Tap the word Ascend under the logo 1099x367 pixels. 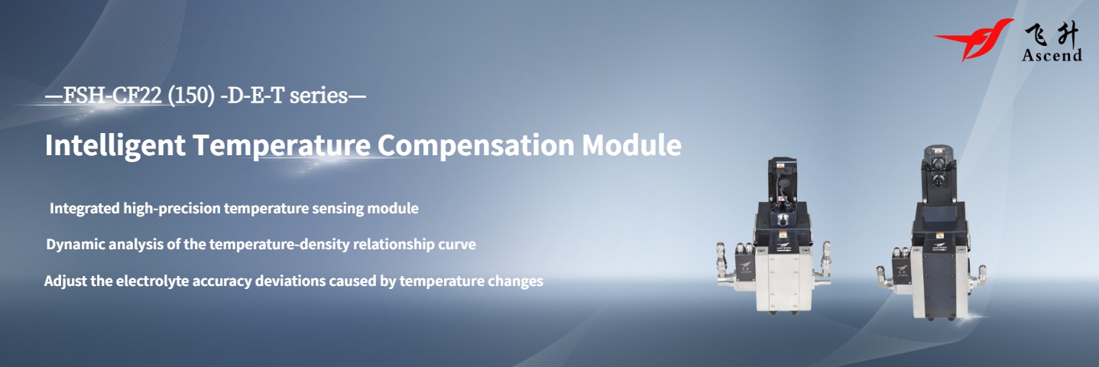[1052, 55]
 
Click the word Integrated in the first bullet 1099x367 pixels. [85, 208]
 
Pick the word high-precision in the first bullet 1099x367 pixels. [170, 208]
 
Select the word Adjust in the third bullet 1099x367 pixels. [63, 281]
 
